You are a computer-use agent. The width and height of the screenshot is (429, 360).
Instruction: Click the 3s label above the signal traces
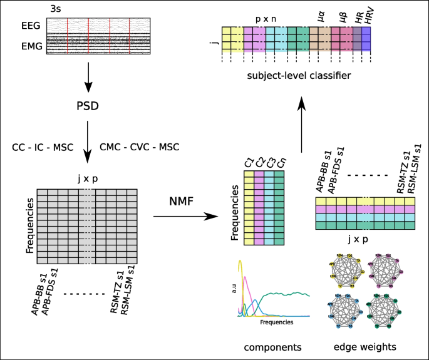[x=54, y=9]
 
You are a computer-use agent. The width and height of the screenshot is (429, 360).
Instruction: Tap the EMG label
[x=30, y=46]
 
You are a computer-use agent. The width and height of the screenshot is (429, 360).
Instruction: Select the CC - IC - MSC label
[x=43, y=148]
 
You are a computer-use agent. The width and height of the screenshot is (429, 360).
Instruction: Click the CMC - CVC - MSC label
[x=140, y=148]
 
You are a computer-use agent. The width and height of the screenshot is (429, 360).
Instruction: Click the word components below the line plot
[x=274, y=346]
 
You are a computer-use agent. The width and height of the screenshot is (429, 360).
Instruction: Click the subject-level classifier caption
[x=298, y=75]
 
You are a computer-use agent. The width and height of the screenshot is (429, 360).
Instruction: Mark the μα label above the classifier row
[x=321, y=14]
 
